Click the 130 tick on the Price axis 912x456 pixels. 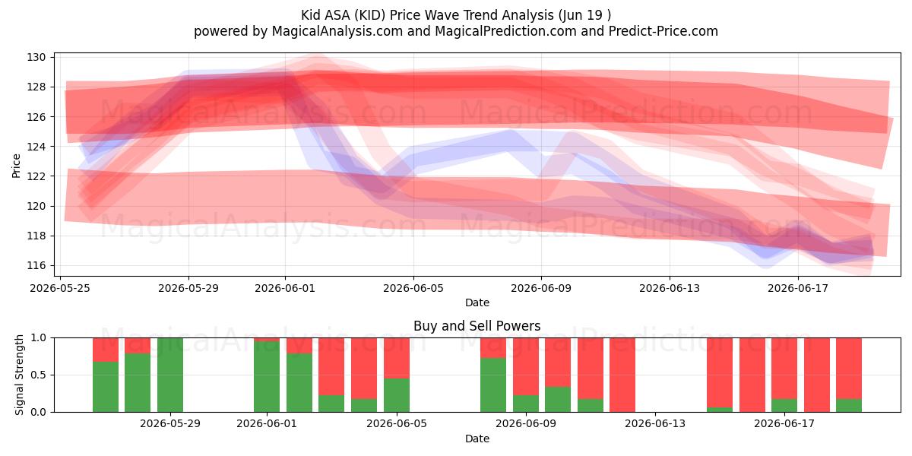36,58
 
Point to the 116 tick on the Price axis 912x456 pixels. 36,266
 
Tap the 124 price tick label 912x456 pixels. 36,147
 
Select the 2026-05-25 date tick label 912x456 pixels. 60,288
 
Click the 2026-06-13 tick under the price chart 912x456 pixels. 670,288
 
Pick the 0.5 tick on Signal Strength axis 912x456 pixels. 39,375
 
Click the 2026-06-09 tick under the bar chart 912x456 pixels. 526,424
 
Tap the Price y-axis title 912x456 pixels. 16,166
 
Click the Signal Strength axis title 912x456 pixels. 19,375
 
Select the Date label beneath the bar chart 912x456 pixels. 477,439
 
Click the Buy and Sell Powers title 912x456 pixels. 477,326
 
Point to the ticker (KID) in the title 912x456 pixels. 369,15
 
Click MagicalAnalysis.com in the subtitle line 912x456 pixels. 337,31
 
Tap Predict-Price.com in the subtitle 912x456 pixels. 663,31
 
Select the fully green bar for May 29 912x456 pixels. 170,375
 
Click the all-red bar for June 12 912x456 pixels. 622,375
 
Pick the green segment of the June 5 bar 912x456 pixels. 397,395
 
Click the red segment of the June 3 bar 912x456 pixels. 331,366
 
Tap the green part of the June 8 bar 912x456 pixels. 493,385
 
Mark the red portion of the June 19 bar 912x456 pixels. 849,369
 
